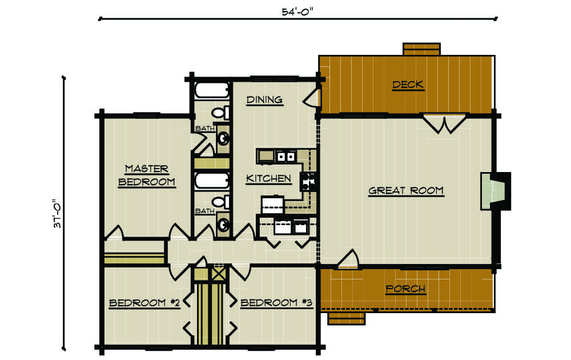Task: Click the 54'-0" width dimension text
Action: click(297, 11)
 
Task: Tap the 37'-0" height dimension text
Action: click(58, 214)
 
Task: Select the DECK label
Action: click(408, 85)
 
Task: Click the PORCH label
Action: click(405, 289)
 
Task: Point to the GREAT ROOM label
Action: click(406, 190)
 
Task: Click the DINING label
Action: click(264, 100)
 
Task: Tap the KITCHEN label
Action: click(269, 178)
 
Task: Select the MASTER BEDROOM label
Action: click(147, 175)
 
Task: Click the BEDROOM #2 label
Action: click(144, 303)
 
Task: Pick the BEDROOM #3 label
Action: click(276, 303)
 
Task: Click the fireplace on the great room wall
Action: click(496, 191)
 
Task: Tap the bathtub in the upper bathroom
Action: click(212, 90)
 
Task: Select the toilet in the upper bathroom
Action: click(220, 113)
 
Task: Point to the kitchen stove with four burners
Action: click(308, 182)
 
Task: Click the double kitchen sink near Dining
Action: click(285, 157)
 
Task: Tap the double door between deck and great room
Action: click(444, 124)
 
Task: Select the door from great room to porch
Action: click(348, 259)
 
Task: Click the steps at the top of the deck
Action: click(422, 49)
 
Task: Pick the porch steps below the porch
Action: click(347, 318)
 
